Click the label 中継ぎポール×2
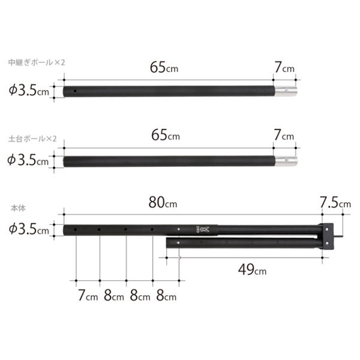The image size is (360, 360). click(37, 62)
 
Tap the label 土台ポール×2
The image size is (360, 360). click(32, 139)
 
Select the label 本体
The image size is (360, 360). click(18, 208)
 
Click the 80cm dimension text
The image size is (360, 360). click(163, 203)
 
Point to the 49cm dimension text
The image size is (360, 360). click(252, 269)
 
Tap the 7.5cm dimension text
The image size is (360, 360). click(335, 203)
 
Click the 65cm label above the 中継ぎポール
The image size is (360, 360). click(164, 67)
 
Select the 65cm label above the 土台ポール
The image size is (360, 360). click(166, 135)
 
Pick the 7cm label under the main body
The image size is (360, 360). click(88, 295)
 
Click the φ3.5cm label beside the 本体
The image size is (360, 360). click(29, 229)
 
